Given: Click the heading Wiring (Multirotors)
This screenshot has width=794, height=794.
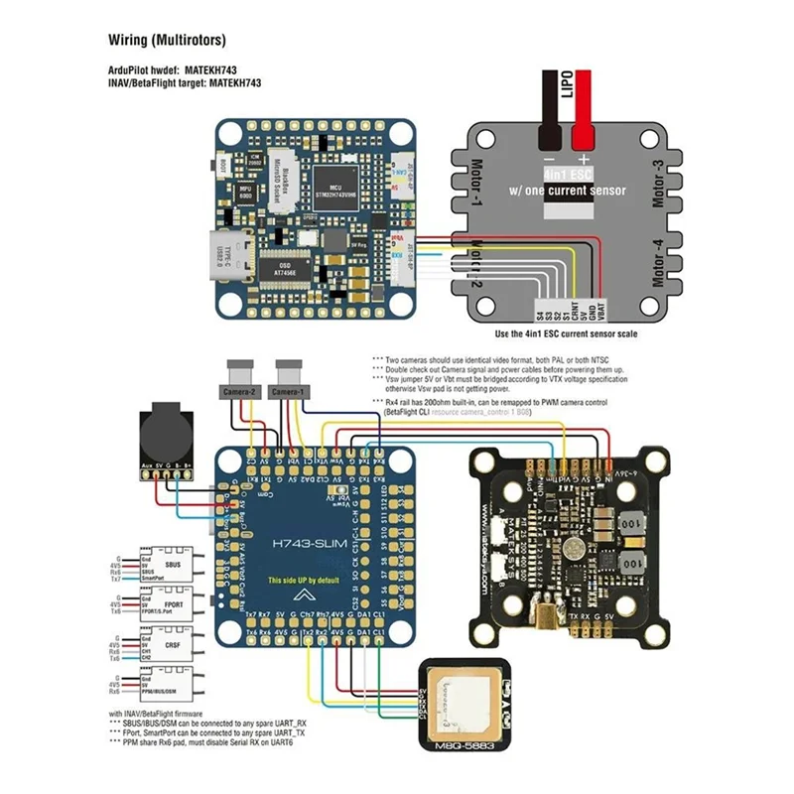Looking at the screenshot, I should click(x=167, y=41).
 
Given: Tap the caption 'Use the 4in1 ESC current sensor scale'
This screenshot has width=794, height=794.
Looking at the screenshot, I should click(x=566, y=333).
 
